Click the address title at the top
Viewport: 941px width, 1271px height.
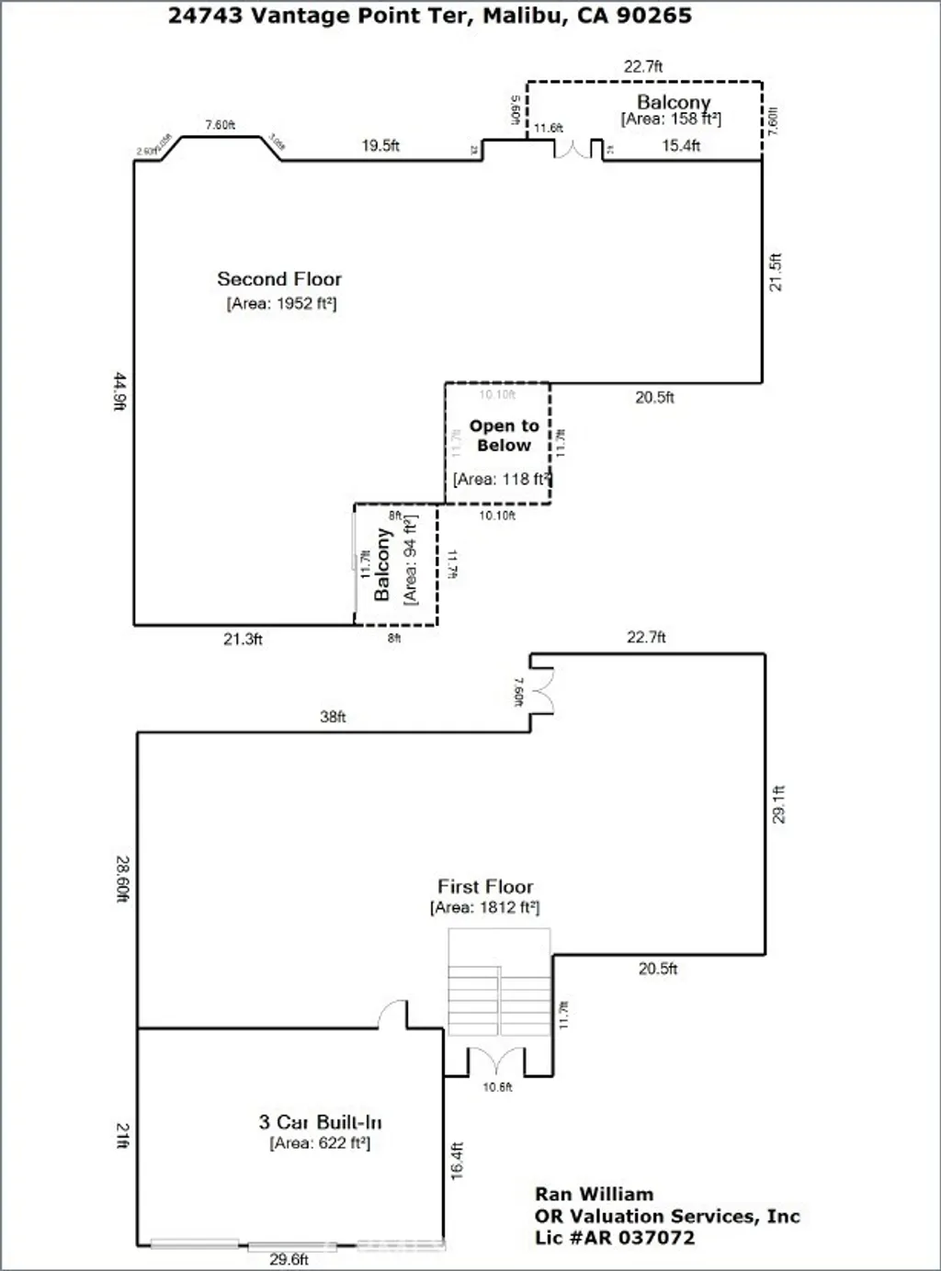tap(429, 16)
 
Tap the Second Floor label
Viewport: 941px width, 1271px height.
tap(279, 279)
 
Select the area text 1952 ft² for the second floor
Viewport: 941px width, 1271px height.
tap(281, 304)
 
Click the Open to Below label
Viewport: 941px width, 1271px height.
tap(504, 436)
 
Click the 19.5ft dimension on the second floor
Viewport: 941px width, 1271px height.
tap(380, 145)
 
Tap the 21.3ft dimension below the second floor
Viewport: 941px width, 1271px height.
tap(243, 639)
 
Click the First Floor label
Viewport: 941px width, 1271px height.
tap(485, 887)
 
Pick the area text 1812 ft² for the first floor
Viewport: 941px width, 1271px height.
tap(485, 908)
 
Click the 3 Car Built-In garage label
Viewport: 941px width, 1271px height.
tap(320, 1122)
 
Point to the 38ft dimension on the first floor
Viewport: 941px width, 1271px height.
tap(333, 717)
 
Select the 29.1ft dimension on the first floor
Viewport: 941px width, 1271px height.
tap(778, 804)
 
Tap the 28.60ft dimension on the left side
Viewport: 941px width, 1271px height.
tap(122, 879)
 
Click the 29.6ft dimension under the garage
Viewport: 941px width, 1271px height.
tap(289, 1259)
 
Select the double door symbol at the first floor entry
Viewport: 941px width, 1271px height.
tap(496, 1061)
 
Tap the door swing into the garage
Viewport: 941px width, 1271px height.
tap(393, 1015)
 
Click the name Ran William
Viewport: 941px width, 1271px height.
tap(594, 1194)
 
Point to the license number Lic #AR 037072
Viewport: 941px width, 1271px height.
tap(615, 1238)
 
